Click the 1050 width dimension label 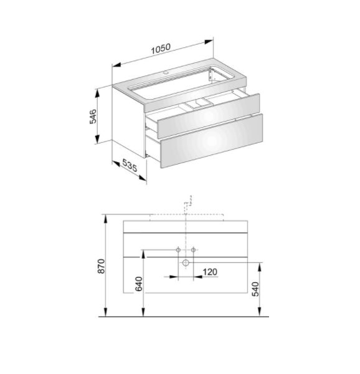click(161, 49)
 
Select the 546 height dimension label click(93, 116)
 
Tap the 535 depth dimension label click(130, 165)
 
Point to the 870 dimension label click(102, 266)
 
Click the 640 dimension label click(139, 284)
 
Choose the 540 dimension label click(255, 289)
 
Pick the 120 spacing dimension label click(210, 272)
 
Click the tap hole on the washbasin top click(166, 72)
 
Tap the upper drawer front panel click(209, 115)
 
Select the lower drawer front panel click(212, 141)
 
